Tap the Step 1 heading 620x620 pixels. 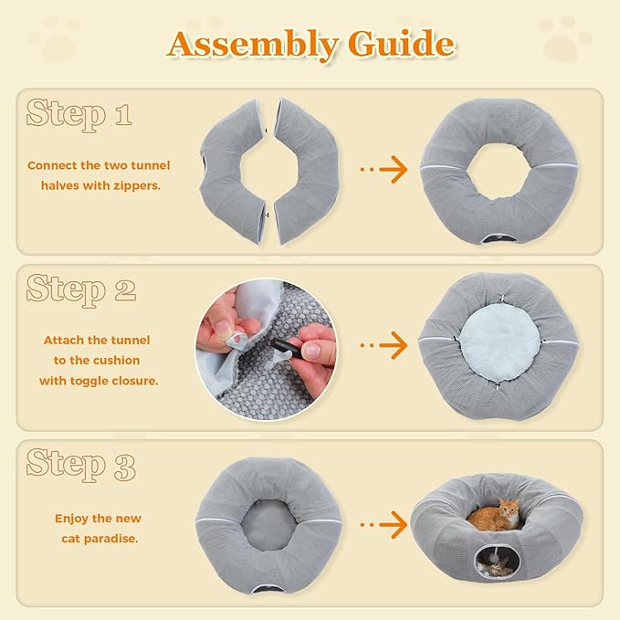[x=79, y=114]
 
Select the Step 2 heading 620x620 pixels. [x=80, y=289]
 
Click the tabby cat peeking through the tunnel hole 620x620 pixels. [x=498, y=569]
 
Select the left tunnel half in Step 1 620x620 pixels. [x=232, y=171]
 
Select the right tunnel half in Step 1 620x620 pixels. [x=306, y=171]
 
